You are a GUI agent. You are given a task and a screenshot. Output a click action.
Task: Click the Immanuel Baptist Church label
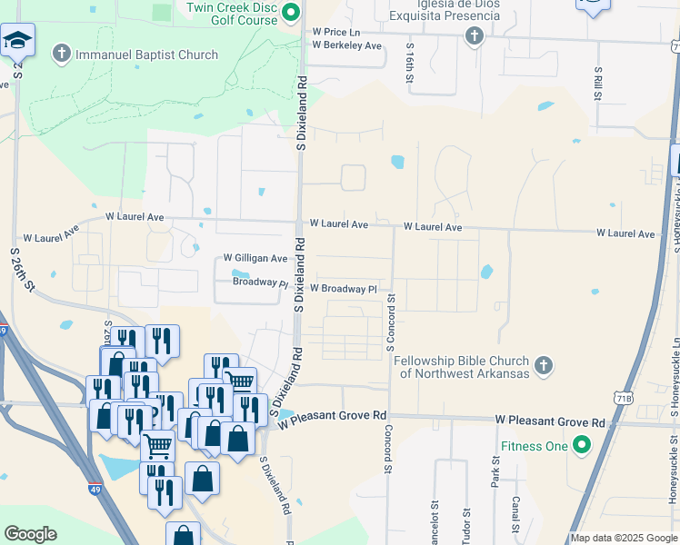pos(146,54)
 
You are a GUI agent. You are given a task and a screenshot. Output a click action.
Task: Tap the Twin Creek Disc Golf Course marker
pos(291,12)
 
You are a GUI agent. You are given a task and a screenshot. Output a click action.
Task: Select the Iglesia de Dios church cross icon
pos(473,36)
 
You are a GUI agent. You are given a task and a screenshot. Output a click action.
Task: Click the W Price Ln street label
pos(336,31)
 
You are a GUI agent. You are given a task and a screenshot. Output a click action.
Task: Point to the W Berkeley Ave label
pos(346,45)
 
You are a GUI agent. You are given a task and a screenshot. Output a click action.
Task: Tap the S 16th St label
pos(411,62)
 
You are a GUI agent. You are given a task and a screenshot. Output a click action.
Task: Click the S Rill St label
pos(598,84)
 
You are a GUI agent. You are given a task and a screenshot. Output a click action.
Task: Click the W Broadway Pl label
pos(343,289)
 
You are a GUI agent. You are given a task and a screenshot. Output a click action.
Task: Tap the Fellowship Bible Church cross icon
pos(543,365)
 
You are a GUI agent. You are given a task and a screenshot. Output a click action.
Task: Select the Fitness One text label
pos(534,446)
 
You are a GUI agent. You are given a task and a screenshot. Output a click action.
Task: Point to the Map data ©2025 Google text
pos(623,538)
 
